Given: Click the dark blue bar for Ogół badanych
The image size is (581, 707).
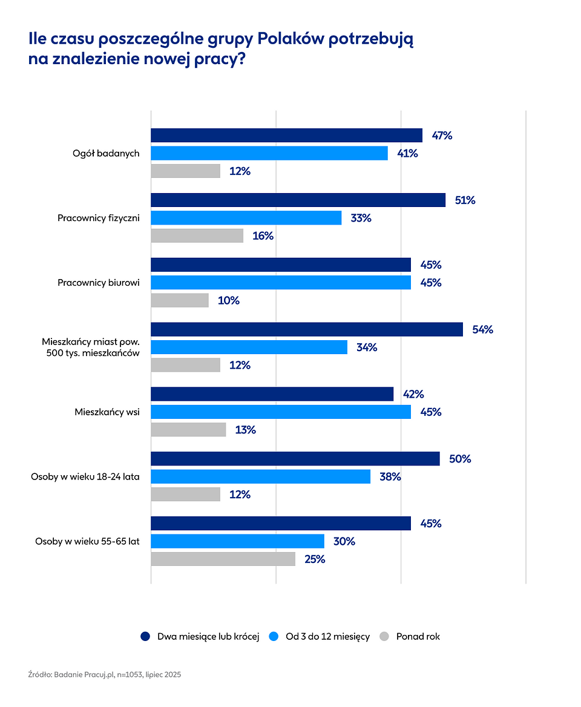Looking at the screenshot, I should pyautogui.click(x=286, y=136).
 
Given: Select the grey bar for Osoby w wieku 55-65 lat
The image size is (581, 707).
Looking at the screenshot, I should pyautogui.click(x=223, y=559).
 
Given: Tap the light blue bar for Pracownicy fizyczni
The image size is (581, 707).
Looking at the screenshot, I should pyautogui.click(x=246, y=218).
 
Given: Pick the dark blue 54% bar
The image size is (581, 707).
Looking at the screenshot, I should pyautogui.click(x=306, y=329).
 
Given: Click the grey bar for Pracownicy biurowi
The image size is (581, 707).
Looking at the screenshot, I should pyautogui.click(x=180, y=300).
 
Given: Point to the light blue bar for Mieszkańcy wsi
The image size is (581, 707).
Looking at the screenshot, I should pyautogui.click(x=280, y=412).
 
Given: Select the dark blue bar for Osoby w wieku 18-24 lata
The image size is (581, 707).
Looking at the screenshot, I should pyautogui.click(x=295, y=459).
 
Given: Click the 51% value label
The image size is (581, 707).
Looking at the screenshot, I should pyautogui.click(x=465, y=200).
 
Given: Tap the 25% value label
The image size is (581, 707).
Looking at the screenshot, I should pyautogui.click(x=315, y=559).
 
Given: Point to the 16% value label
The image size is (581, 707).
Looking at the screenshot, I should pyautogui.click(x=263, y=236).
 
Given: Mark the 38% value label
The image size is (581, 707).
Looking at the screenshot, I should pyautogui.click(x=390, y=477).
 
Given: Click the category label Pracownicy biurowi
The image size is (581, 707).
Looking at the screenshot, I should pyautogui.click(x=99, y=283).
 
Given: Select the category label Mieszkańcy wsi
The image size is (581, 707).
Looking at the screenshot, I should pyautogui.click(x=107, y=412).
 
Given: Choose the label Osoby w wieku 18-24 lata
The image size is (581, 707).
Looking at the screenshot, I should pyautogui.click(x=85, y=477).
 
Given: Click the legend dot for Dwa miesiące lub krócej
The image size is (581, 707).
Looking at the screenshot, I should pyautogui.click(x=145, y=636).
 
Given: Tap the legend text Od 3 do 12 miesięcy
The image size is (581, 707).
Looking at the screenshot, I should pyautogui.click(x=327, y=636).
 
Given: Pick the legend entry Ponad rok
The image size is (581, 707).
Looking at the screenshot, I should pyautogui.click(x=418, y=636).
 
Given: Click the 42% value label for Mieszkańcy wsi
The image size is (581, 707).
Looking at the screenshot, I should pyautogui.click(x=413, y=394).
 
